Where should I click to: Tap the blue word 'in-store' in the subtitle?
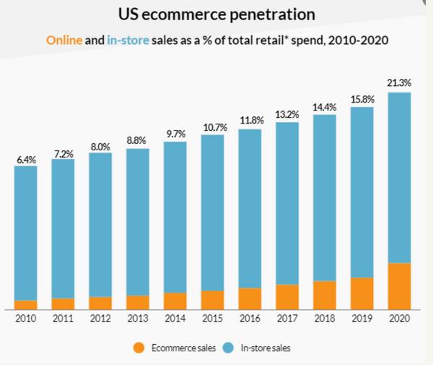coord(128,40)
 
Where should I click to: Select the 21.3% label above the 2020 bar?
coord(399,84)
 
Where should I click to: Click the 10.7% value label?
coord(213,128)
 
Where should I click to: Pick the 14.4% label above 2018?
coord(325,108)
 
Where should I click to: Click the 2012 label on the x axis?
coord(100,319)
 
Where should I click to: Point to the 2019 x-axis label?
coord(362,319)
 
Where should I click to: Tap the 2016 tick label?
coord(250,319)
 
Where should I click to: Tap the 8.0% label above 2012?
coord(100,147)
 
